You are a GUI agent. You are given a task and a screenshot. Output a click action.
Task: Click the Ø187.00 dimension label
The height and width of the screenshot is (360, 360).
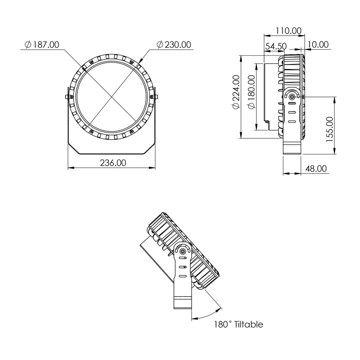click(42, 45)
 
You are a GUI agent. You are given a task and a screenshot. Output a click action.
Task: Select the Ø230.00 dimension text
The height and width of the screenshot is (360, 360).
click(174, 45)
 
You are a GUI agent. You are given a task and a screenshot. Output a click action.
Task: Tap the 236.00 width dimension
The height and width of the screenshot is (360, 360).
click(113, 163)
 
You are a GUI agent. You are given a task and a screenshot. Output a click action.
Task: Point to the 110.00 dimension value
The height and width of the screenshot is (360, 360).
click(288, 31)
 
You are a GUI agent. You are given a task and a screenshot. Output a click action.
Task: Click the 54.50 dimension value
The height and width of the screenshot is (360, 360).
click(276, 46)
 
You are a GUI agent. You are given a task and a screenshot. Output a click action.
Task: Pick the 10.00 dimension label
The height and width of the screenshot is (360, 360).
click(318, 45)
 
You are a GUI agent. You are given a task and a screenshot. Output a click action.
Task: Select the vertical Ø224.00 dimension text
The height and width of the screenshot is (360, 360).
click(236, 92)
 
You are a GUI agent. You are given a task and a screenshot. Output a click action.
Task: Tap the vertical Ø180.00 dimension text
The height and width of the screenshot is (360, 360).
click(251, 92)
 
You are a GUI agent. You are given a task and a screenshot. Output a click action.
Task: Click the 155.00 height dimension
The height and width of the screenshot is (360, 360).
click(330, 129)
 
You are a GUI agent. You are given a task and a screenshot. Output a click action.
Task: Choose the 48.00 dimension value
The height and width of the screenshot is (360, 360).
click(316, 169)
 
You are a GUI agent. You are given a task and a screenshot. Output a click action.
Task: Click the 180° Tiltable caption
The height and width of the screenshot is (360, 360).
click(239, 324)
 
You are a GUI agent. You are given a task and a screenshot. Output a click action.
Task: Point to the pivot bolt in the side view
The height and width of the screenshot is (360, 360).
click(292, 97)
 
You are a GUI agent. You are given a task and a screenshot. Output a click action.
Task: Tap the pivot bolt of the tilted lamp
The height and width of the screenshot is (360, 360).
click(183, 252)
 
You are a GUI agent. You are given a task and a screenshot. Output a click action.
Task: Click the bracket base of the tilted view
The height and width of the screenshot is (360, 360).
click(183, 302)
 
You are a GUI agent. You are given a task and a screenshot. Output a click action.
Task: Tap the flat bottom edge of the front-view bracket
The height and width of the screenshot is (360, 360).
click(112, 154)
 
